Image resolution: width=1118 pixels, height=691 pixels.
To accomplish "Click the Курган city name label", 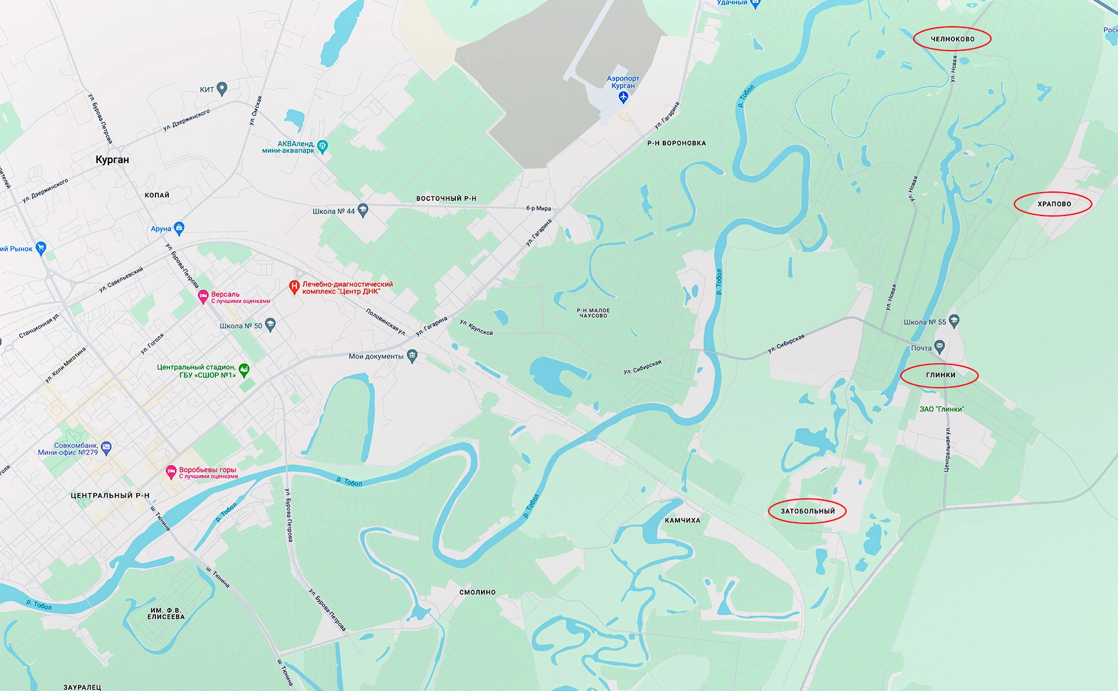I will click(112, 160).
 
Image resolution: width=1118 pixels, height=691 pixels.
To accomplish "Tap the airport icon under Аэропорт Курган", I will click(623, 97).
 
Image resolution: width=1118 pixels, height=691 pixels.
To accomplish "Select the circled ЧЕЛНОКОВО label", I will click(952, 39).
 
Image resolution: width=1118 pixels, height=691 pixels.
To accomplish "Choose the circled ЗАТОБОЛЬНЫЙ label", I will click(807, 511).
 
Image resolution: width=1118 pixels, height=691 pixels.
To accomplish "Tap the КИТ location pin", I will click(221, 88).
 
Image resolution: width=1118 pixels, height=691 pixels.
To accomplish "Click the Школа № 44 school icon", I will click(363, 210).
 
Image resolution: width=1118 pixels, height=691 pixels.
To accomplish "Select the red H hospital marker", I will click(295, 286).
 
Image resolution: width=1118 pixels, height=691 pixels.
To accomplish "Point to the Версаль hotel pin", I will click(203, 297).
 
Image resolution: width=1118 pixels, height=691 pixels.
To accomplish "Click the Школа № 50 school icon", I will click(270, 325).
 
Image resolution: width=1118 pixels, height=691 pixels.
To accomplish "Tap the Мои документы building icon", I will click(412, 356).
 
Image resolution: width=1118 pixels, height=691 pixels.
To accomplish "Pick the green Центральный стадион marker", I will click(244, 370).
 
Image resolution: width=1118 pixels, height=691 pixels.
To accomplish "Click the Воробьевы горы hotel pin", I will click(171, 472).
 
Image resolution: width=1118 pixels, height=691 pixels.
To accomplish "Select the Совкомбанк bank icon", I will click(106, 447).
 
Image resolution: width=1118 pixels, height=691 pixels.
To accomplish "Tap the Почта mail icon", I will click(939, 347).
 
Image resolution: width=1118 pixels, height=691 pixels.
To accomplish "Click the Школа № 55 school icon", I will click(954, 320).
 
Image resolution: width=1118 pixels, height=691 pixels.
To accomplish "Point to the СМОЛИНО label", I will click(477, 592).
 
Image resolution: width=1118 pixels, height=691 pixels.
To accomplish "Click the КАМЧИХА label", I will click(682, 520).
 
